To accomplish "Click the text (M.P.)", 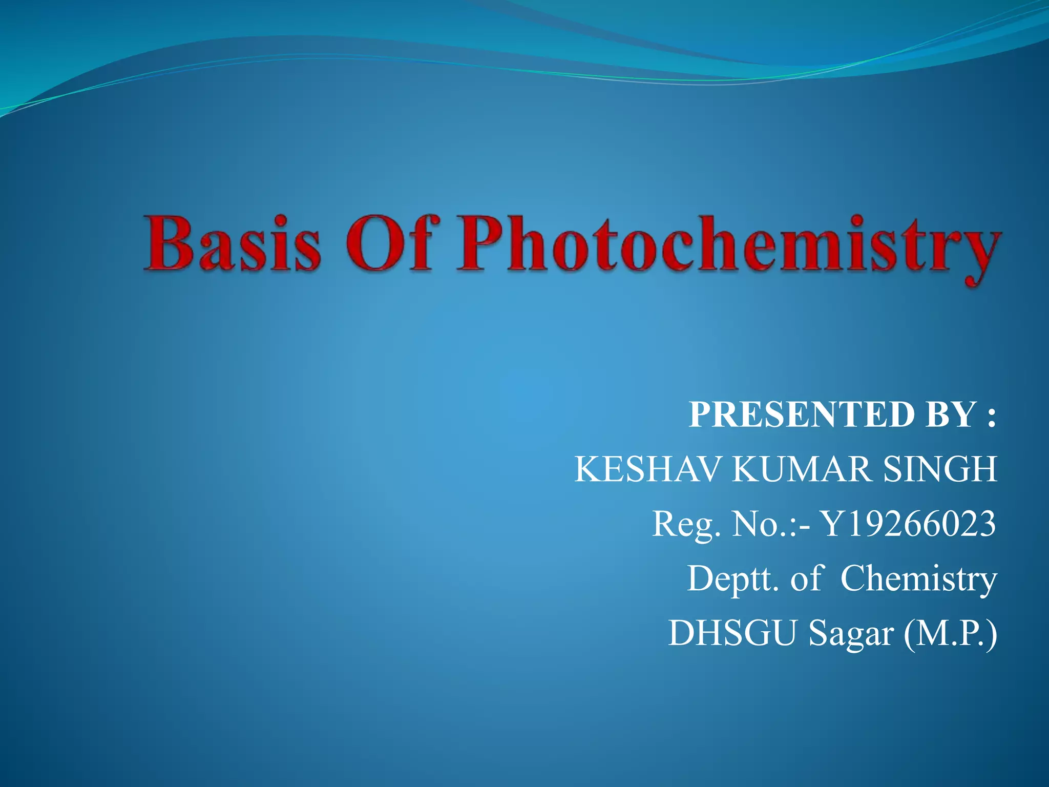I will click(950, 634).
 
